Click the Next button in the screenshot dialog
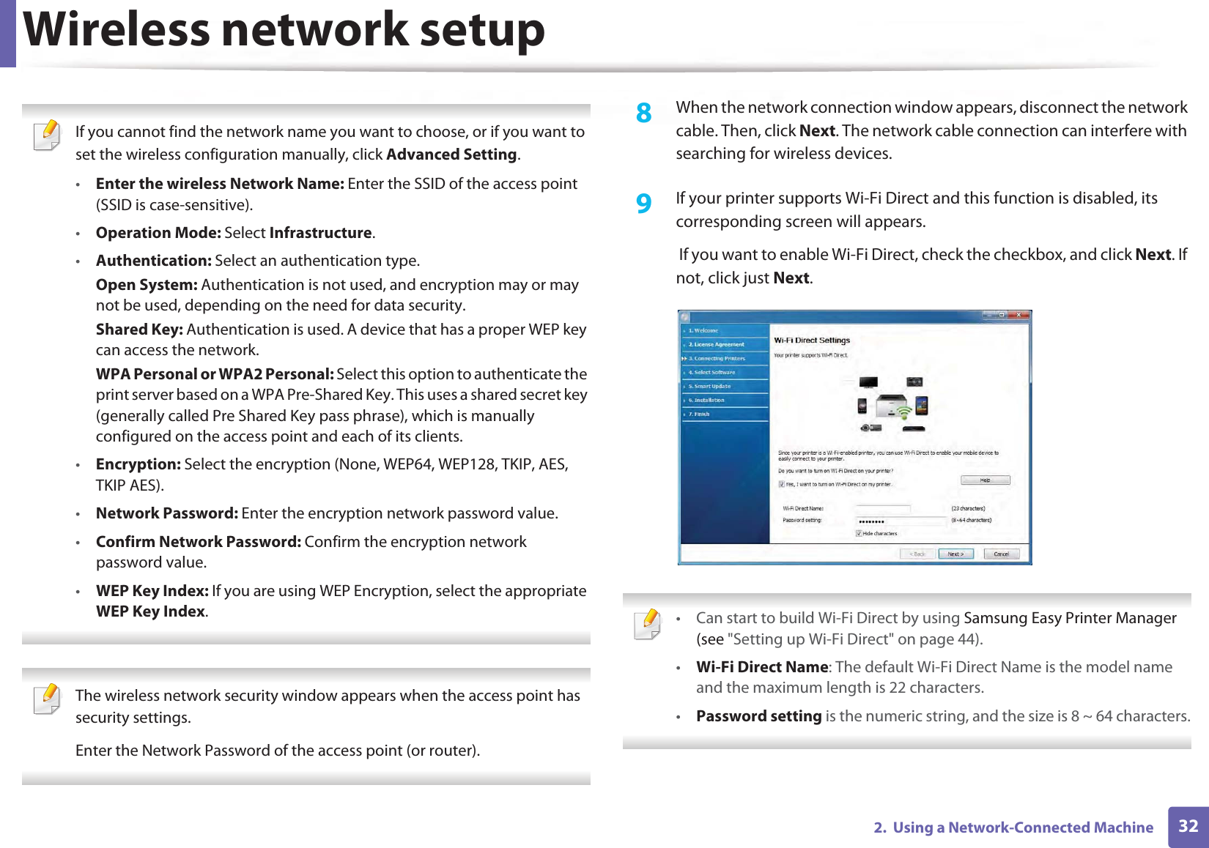point(955,554)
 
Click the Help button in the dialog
point(985,480)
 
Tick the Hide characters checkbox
point(859,534)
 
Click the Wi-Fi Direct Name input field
point(883,508)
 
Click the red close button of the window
point(1018,316)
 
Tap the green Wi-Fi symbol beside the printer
point(904,412)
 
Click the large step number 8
point(643,114)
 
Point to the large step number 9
point(643,204)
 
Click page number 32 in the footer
point(1188,827)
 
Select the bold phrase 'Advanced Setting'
point(451,155)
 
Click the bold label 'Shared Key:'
point(139,330)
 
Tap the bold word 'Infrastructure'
point(320,233)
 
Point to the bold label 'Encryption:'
point(138,464)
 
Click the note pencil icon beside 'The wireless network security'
point(48,699)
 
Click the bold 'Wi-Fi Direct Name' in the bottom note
point(761,667)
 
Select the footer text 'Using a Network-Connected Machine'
point(1023,827)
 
